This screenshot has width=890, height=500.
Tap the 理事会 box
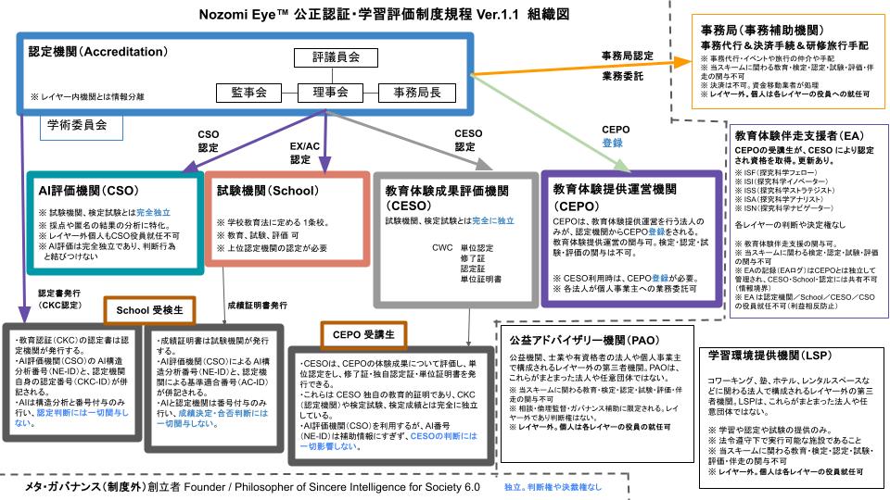[330, 93]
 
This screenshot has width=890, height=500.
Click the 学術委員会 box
[76, 123]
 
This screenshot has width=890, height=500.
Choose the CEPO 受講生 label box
[358, 333]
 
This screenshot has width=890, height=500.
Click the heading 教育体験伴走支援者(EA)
[793, 133]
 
